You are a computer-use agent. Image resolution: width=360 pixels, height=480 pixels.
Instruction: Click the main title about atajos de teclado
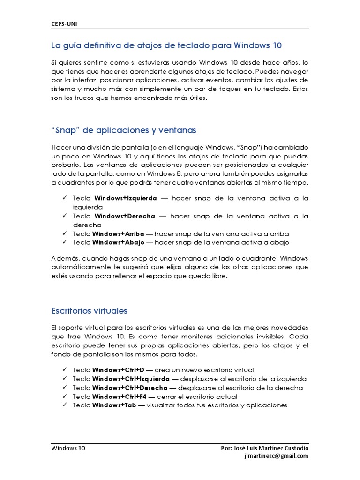coord(166,45)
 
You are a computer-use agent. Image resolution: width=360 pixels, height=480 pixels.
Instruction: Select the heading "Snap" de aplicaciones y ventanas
coord(124,130)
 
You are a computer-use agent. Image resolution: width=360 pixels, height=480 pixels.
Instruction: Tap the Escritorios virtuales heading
coord(89,311)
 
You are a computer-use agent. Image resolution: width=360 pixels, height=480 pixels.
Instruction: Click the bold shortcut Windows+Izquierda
coord(126,198)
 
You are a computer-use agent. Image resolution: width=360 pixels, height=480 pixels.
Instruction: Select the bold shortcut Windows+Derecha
coord(125,216)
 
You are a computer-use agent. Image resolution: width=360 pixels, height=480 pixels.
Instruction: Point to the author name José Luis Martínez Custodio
coord(264,448)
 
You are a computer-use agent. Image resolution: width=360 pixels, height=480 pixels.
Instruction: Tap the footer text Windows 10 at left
coord(68,448)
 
